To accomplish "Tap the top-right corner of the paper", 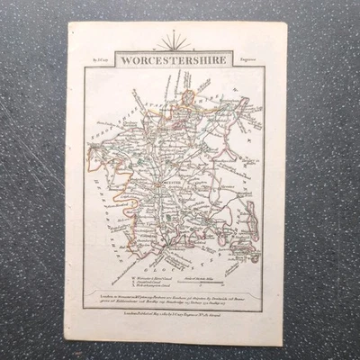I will (286, 22).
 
